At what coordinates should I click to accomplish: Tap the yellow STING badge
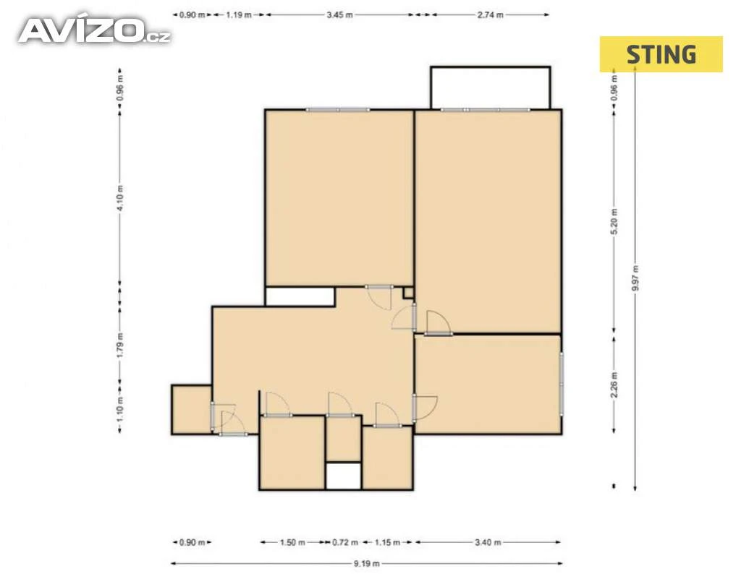pos(661,54)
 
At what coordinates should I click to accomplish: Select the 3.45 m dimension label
pos(339,14)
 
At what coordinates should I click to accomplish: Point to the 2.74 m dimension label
pos(490,14)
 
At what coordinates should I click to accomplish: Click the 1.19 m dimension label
pos(239,14)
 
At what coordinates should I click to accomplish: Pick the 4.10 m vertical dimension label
pos(120,197)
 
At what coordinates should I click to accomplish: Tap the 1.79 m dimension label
pos(120,345)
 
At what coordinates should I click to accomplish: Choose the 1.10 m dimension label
pos(120,410)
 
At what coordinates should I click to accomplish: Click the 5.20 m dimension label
pos(614,221)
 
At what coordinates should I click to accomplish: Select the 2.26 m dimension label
pos(614,385)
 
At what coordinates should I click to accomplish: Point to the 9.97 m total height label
pos(635,278)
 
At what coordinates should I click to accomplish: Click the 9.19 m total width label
pos(366,563)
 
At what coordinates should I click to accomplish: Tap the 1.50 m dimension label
pos(292,542)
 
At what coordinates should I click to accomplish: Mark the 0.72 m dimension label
pos(345,542)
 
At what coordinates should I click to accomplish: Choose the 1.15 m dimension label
pos(387,542)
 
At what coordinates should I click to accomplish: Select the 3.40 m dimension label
pos(488,542)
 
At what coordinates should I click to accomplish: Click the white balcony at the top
pos(491,88)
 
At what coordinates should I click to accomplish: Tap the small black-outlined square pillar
pos(408,293)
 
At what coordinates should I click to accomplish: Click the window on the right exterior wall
pos(562,384)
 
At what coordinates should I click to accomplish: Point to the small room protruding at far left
pos(191,410)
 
